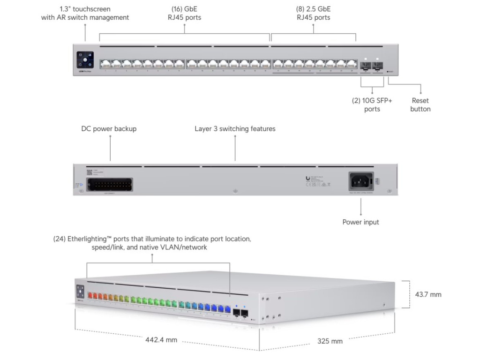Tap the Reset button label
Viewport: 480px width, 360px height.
(420, 105)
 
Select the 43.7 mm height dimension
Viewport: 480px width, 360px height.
(428, 295)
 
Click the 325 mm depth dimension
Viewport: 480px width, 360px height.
(330, 341)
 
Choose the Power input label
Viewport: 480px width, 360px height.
(360, 222)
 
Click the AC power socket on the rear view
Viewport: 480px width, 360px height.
(360, 181)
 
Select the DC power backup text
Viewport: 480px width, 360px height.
(109, 128)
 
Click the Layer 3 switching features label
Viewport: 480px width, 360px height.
(235, 128)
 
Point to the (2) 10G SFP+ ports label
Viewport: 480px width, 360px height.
(372, 105)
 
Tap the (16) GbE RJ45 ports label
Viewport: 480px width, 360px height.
(184, 13)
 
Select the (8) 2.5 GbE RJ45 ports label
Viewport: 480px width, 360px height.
(313, 13)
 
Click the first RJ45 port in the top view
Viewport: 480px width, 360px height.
(105, 64)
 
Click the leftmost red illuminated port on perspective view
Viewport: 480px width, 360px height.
(90, 295)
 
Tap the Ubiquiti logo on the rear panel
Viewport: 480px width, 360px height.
(307, 178)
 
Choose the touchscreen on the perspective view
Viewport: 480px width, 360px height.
(80, 290)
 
